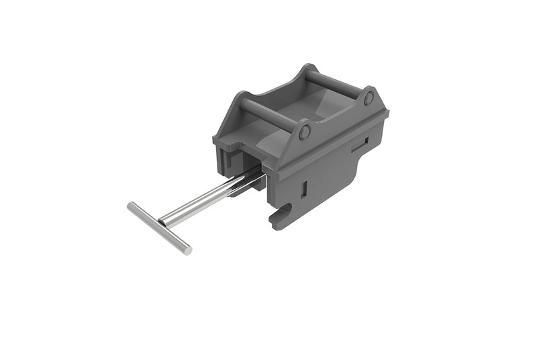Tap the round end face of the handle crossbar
pyautogui.click(x=187, y=251)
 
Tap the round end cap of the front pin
pyautogui.click(x=304, y=132)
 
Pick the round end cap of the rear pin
pyautogui.click(x=368, y=97)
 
